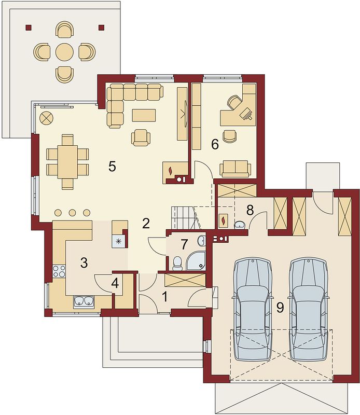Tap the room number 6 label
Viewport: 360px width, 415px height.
click(215, 145)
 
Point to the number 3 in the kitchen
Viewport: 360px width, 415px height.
click(84, 262)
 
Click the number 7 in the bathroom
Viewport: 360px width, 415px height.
click(183, 243)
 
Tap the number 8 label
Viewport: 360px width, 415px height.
click(250, 210)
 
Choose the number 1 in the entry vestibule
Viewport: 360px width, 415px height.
click(165, 297)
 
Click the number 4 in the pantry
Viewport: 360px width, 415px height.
click(115, 283)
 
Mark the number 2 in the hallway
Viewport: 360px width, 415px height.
click(146, 224)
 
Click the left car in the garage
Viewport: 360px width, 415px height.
click(253, 309)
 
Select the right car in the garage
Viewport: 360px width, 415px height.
click(308, 309)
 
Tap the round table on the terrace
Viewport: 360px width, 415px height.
click(64, 51)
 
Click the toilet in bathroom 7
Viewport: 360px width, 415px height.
click(177, 263)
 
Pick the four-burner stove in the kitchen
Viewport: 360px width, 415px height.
click(59, 272)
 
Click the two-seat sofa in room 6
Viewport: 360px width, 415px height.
click(235, 168)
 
